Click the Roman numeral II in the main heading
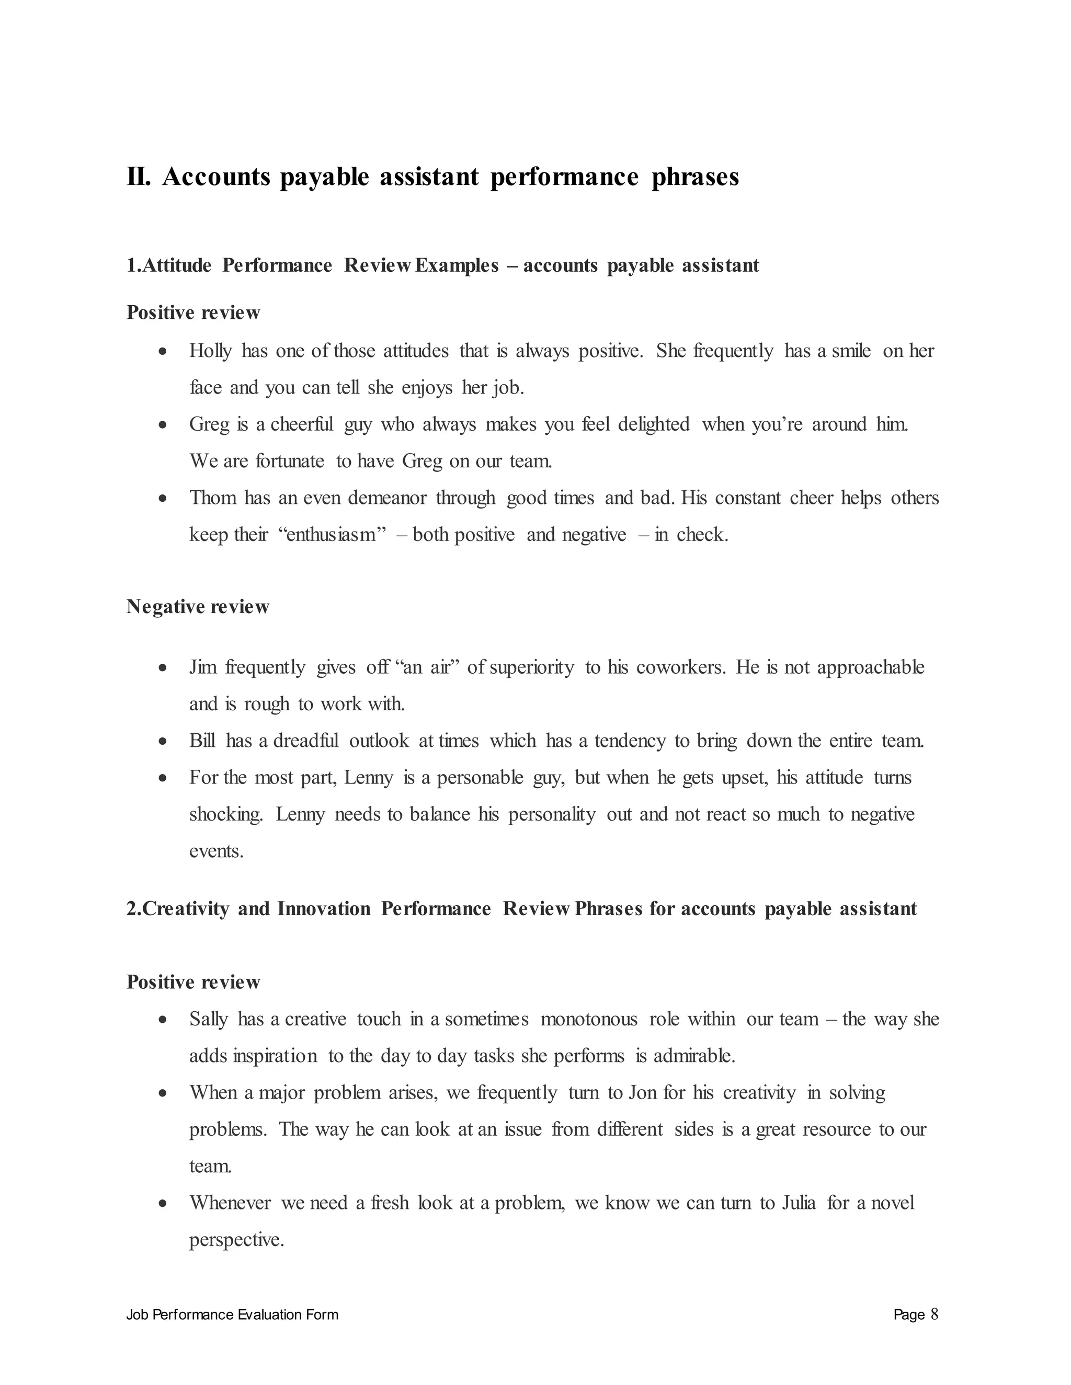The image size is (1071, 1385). [138, 177]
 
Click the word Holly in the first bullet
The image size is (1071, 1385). [210, 351]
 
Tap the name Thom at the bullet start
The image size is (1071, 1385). [212, 498]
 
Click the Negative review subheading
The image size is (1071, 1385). [198, 607]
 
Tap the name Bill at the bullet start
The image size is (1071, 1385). [202, 741]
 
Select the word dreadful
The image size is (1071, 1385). [306, 741]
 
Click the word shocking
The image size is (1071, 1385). [226, 814]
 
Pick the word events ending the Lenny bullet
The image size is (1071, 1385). [217, 851]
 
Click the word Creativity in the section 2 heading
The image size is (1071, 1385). [186, 909]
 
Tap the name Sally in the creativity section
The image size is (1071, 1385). [208, 1019]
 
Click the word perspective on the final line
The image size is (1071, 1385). [236, 1240]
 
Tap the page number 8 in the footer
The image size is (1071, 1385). [934, 1314]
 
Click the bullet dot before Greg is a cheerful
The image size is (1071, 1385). [163, 425]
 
